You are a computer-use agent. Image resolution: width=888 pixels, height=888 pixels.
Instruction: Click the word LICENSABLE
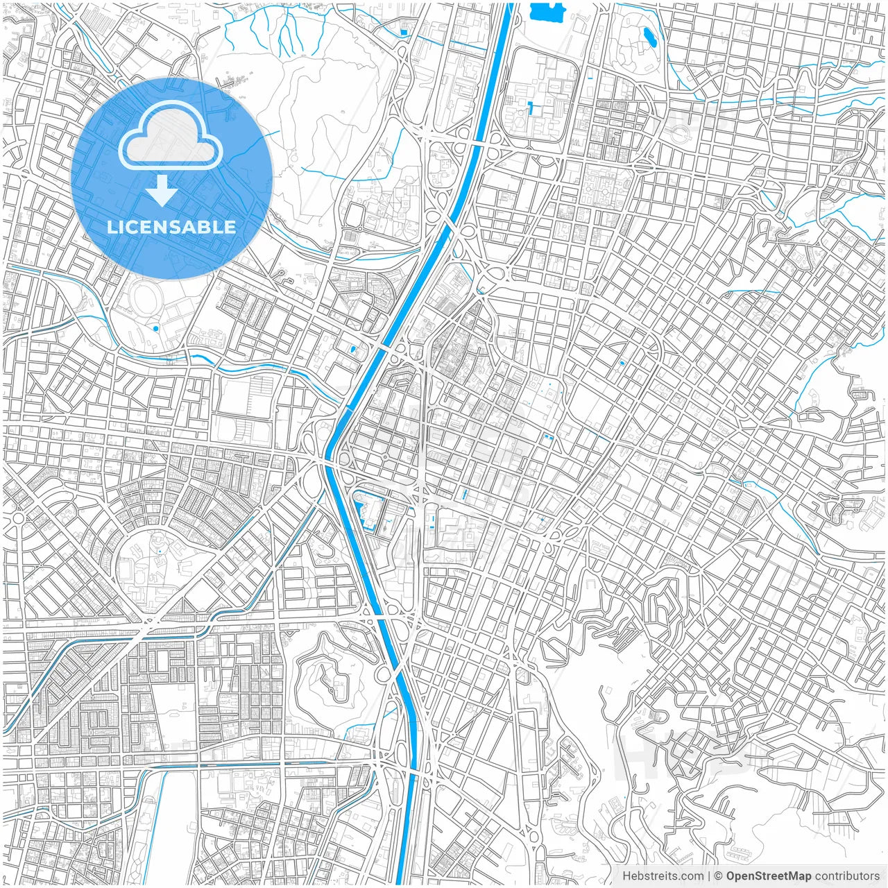pos(171,227)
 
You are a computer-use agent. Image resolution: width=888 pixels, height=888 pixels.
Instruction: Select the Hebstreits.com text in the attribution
pos(663,876)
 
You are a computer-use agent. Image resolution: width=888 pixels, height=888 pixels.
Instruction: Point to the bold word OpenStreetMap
pos(769,876)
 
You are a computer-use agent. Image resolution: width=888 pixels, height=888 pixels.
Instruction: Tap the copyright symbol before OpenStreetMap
pos(719,876)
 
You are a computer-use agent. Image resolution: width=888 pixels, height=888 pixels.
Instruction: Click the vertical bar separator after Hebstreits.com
pos(709,876)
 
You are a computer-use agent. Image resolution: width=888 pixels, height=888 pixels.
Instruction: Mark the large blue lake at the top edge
pos(547,11)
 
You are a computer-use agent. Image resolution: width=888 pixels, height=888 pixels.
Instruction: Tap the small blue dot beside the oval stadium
pos(156,328)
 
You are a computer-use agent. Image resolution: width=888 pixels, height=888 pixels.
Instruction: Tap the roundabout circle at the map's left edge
pos(18,518)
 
